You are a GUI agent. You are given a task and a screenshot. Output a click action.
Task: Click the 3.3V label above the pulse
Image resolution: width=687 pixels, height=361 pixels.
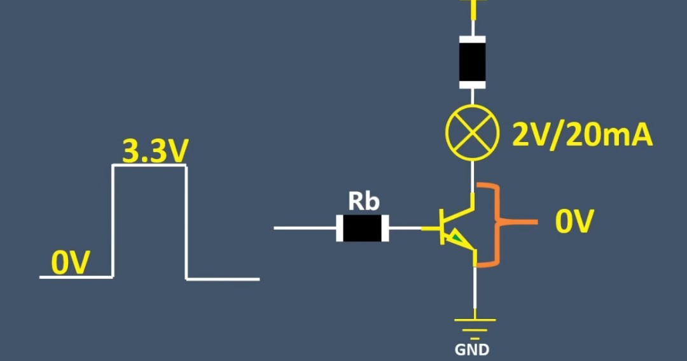[x=155, y=152]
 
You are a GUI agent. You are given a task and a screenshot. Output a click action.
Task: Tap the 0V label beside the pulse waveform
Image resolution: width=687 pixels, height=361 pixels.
[x=71, y=263]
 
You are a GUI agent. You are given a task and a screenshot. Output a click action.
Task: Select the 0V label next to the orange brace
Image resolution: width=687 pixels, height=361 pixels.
[x=574, y=222]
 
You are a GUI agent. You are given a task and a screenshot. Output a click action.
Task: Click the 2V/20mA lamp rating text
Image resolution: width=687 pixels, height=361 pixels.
[x=582, y=134]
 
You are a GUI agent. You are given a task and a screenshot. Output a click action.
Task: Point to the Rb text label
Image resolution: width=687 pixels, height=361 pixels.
[x=363, y=202]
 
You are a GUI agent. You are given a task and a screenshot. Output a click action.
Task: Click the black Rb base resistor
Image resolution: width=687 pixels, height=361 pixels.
[x=363, y=227]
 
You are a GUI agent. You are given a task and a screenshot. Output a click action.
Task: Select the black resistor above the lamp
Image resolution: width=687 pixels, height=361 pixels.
[x=472, y=61]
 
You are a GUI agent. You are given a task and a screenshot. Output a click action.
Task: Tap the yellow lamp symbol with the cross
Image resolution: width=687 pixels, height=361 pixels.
[x=472, y=134]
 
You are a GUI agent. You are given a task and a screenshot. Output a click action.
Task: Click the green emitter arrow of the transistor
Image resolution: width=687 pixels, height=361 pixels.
[x=457, y=239]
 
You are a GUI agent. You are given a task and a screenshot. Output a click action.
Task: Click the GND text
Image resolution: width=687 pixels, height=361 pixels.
[x=472, y=350]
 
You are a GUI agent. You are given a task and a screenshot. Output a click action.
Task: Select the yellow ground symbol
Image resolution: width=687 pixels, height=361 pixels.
[x=473, y=325]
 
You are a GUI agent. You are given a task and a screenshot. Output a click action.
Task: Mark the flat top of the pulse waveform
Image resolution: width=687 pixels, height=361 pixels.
[x=149, y=166]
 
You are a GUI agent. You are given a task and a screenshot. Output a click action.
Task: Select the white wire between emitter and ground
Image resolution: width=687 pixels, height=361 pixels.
[x=475, y=290]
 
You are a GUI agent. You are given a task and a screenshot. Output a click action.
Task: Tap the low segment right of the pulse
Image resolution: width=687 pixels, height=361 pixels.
[x=223, y=279]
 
